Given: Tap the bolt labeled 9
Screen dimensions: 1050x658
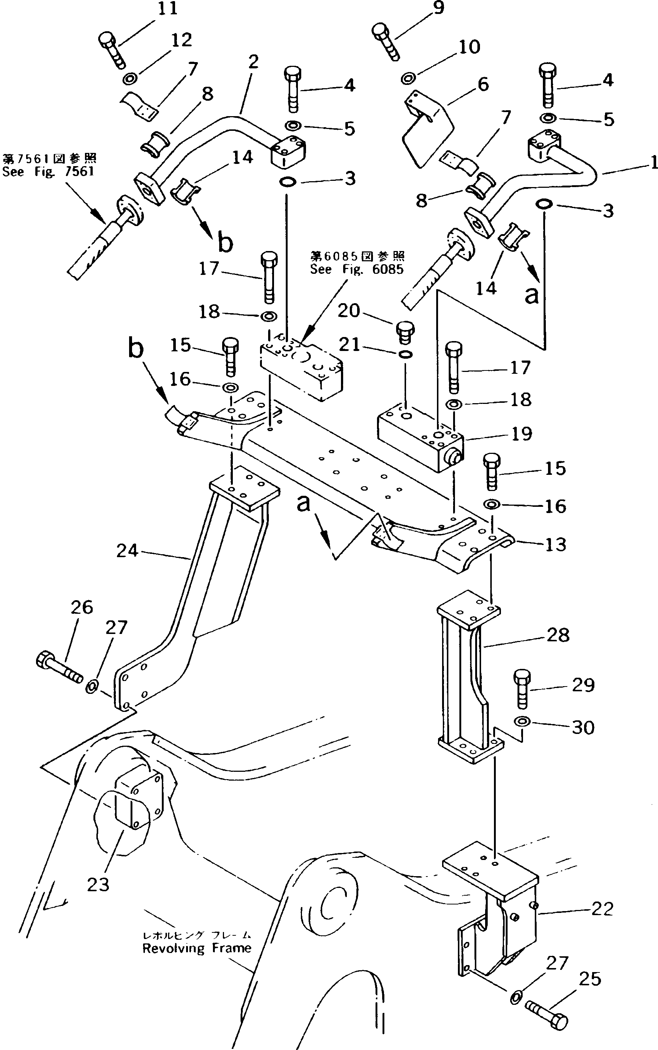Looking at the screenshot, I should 386,41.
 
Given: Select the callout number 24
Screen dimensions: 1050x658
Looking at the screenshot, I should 127,551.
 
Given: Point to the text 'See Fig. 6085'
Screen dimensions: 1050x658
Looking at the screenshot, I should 356,269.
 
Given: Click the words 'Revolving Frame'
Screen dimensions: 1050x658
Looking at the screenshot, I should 197,948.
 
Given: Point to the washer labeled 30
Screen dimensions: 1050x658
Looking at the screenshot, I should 521,722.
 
